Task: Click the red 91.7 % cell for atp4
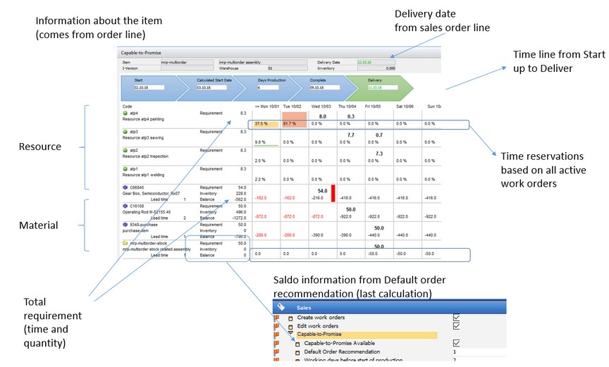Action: (295, 123)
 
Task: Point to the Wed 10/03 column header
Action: (321, 106)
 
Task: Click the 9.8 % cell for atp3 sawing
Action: (260, 142)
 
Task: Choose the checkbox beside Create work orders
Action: (457, 318)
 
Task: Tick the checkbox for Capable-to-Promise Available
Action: (457, 342)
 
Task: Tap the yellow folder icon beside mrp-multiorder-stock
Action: (124, 242)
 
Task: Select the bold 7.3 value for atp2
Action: (379, 154)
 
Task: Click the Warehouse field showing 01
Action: (270, 68)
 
